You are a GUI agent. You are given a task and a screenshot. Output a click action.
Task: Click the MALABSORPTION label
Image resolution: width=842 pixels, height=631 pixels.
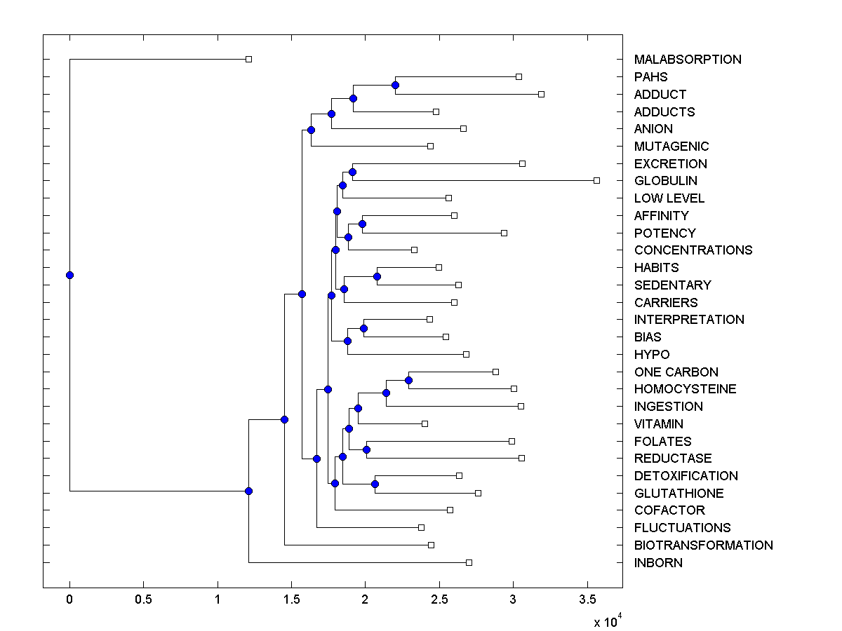[x=687, y=60]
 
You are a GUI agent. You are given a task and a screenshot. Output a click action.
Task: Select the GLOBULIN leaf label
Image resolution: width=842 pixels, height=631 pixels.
[x=665, y=181]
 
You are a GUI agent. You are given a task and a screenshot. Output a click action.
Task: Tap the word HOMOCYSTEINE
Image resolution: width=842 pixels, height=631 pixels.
[x=685, y=389]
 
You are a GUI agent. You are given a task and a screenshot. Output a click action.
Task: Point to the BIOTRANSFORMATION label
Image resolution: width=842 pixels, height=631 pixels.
[x=703, y=545]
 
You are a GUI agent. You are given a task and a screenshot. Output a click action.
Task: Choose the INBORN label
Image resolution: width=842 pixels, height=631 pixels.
[x=657, y=563]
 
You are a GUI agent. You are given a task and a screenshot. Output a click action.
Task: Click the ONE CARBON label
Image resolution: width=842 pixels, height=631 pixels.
[x=676, y=372]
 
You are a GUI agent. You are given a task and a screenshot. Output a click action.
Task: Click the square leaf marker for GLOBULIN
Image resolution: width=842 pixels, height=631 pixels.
[x=596, y=180]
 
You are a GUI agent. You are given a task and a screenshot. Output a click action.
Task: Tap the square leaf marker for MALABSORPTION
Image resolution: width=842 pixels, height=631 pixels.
[x=248, y=59]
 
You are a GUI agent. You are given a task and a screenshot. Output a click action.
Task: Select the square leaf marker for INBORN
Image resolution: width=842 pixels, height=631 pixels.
[x=469, y=562]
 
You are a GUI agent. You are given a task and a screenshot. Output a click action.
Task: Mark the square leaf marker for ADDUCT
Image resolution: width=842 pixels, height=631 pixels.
[x=541, y=94]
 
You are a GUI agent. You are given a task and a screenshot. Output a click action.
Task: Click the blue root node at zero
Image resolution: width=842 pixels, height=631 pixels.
[x=69, y=275]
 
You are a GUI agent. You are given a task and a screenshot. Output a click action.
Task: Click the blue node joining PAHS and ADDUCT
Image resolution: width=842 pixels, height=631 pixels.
[x=395, y=85]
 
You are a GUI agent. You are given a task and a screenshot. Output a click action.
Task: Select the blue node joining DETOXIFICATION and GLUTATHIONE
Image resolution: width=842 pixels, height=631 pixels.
[x=375, y=484]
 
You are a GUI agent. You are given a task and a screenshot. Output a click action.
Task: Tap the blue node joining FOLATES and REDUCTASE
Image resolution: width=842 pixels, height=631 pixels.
[x=366, y=449]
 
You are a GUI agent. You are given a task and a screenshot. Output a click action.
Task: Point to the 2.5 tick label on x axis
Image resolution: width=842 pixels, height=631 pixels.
[x=439, y=600]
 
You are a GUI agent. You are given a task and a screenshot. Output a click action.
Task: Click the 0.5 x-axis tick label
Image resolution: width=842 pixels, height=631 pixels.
[x=143, y=600]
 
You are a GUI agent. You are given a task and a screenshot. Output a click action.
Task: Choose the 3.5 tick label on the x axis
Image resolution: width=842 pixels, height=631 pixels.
[x=587, y=600]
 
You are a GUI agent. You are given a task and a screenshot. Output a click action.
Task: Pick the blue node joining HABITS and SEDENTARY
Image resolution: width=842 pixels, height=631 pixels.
[x=377, y=276]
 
